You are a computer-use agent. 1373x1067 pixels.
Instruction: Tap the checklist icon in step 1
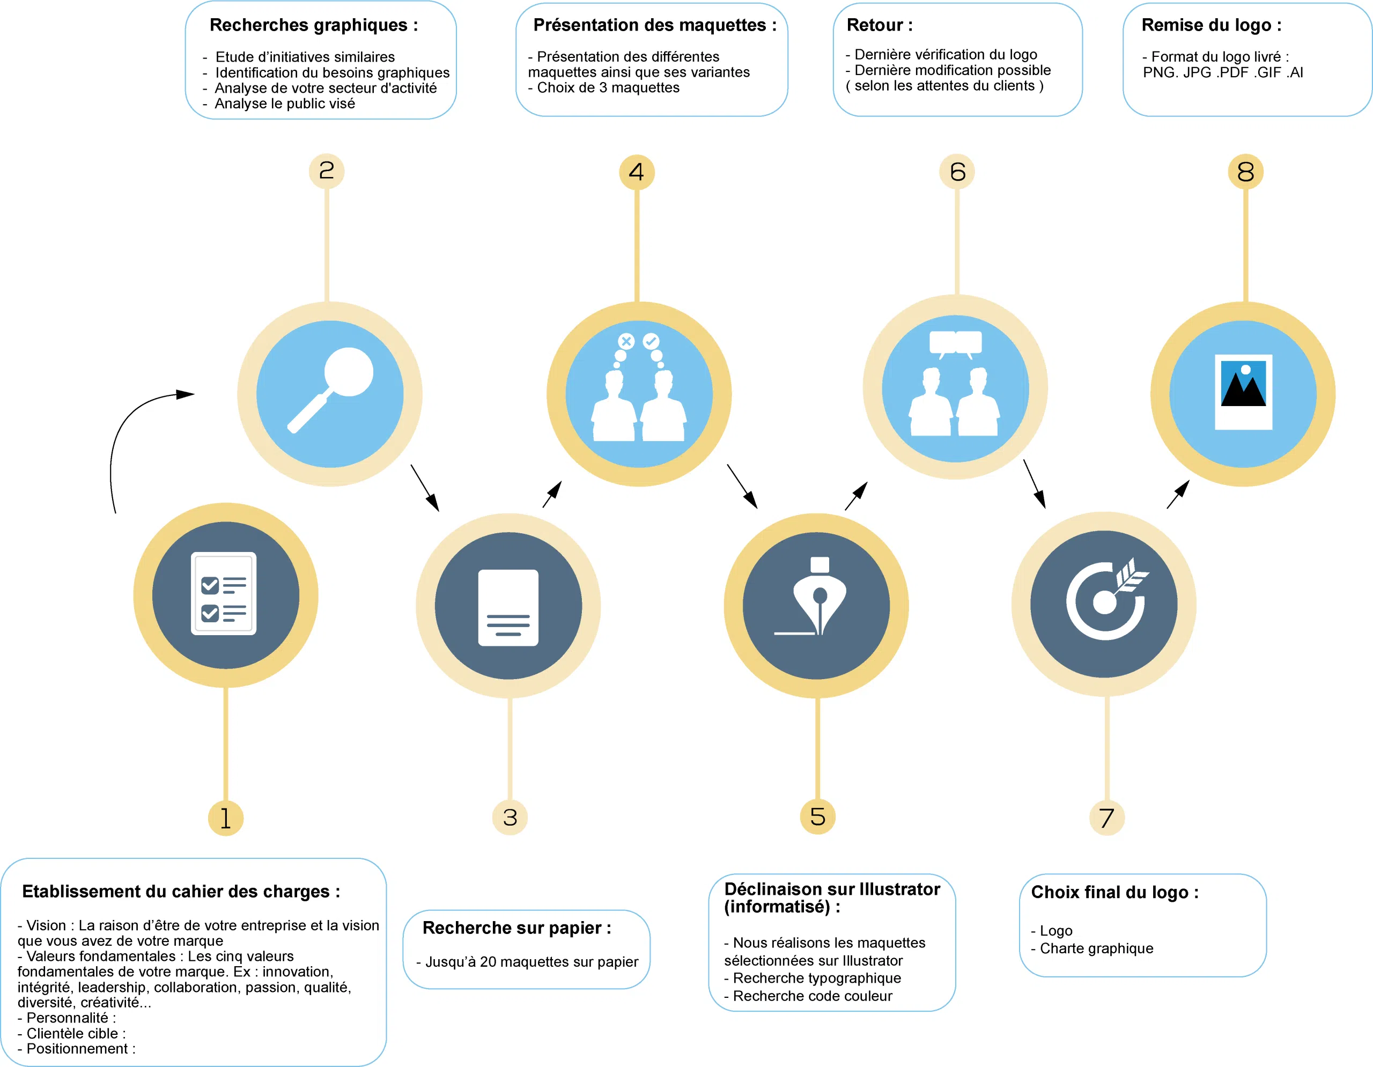[x=224, y=593]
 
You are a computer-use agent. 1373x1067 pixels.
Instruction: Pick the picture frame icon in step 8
[x=1244, y=392]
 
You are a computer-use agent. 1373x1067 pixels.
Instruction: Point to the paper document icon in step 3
[x=508, y=607]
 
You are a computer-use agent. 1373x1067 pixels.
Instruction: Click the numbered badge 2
[x=326, y=171]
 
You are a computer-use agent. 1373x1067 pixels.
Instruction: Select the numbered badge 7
[x=1106, y=818]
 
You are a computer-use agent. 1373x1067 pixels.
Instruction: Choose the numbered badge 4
[x=637, y=172]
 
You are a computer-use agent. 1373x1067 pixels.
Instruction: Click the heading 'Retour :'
[x=880, y=25]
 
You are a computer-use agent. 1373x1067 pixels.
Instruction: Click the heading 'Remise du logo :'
[x=1212, y=25]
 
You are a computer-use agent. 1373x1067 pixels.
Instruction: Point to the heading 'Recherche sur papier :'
[x=517, y=928]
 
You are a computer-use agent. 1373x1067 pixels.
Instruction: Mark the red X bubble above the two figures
[x=626, y=341]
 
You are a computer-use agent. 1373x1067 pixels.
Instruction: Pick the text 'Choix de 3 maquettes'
[x=608, y=87]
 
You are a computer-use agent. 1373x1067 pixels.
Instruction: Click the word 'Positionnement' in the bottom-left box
[x=77, y=1049]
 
